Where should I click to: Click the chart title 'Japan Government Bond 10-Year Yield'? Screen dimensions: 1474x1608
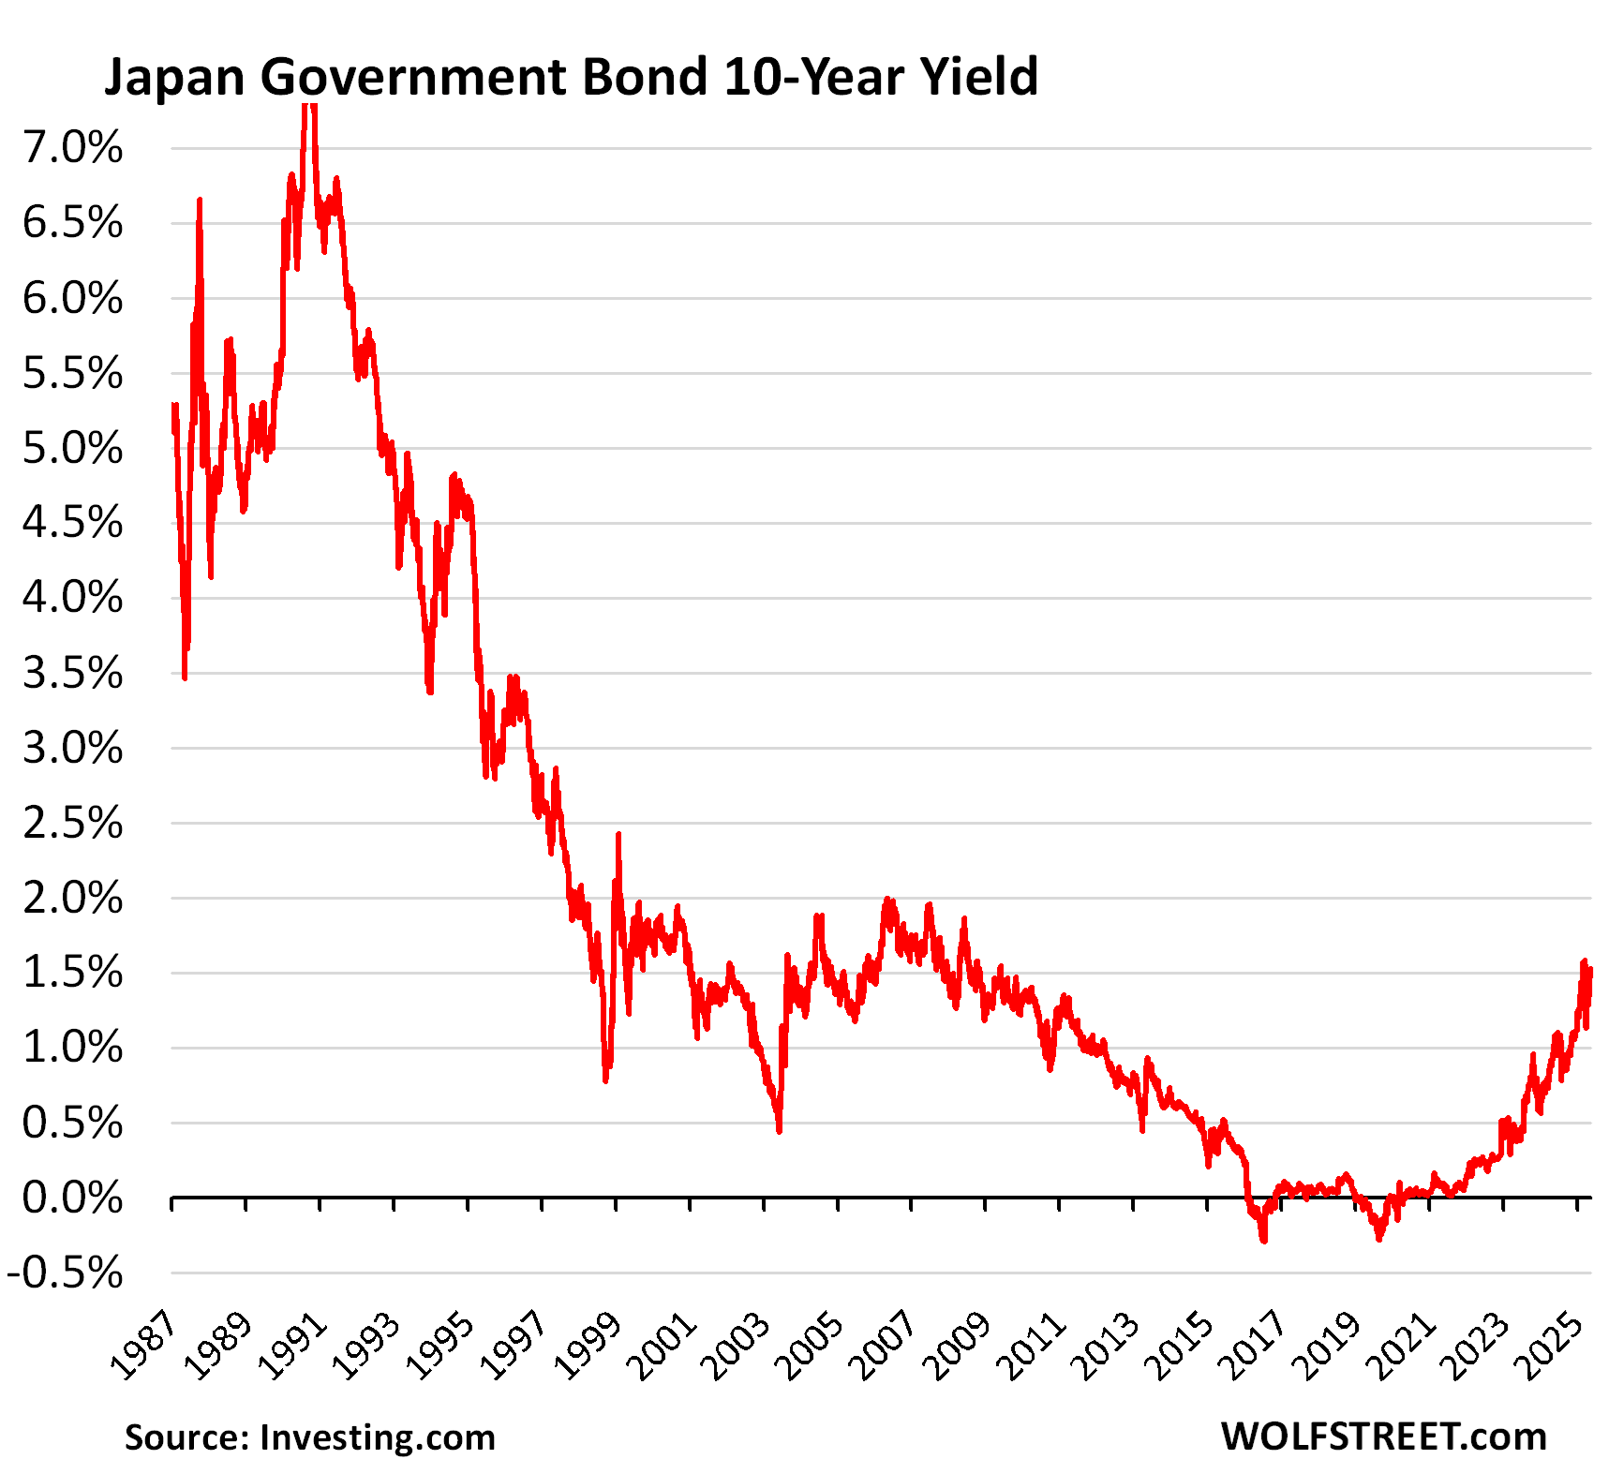click(x=571, y=77)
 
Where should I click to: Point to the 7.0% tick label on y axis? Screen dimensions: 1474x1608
click(x=73, y=148)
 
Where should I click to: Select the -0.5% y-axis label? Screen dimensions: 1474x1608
click(x=66, y=1273)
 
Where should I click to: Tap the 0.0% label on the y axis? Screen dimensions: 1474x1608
click(x=73, y=1198)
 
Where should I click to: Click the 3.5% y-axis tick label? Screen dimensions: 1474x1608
click(x=73, y=673)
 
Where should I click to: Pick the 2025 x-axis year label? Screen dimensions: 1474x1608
click(x=1553, y=1347)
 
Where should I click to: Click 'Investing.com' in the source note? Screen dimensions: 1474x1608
click(x=377, y=1437)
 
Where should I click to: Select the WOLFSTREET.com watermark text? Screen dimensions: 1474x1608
click(x=1383, y=1436)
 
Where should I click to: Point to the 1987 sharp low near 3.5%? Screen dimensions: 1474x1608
click(x=185, y=676)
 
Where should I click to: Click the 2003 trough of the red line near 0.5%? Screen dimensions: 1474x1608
click(x=780, y=1129)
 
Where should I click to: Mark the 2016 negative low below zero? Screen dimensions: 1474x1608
click(x=1264, y=1239)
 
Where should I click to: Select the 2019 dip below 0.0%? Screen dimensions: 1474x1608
click(x=1378, y=1238)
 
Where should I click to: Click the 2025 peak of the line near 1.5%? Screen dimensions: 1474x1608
click(x=1584, y=963)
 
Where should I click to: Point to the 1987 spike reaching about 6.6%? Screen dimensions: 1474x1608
click(x=200, y=201)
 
